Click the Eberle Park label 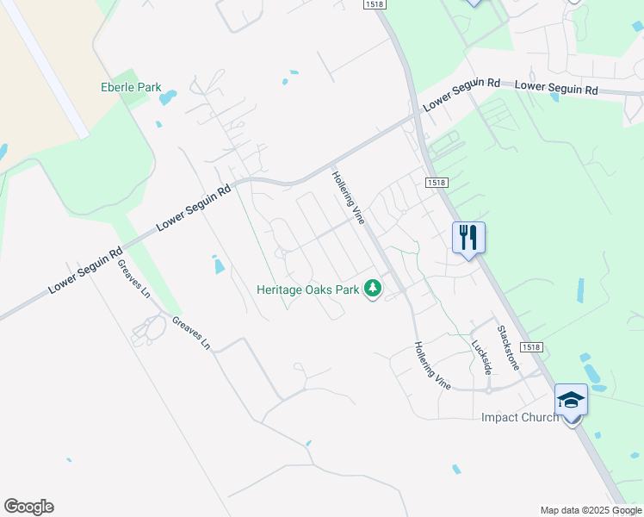[131, 87]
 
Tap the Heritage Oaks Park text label [307, 290]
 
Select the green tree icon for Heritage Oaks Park [373, 290]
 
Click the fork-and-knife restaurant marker [468, 237]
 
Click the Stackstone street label [508, 348]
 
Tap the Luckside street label [480, 356]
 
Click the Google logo [28, 507]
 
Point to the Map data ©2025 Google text [591, 510]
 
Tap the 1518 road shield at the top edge [374, 5]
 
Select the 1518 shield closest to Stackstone [532, 347]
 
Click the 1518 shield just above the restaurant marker [436, 183]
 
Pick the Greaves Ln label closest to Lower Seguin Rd [133, 277]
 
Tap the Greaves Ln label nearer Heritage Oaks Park [191, 332]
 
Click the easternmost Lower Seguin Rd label [556, 88]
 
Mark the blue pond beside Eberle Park [168, 97]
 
